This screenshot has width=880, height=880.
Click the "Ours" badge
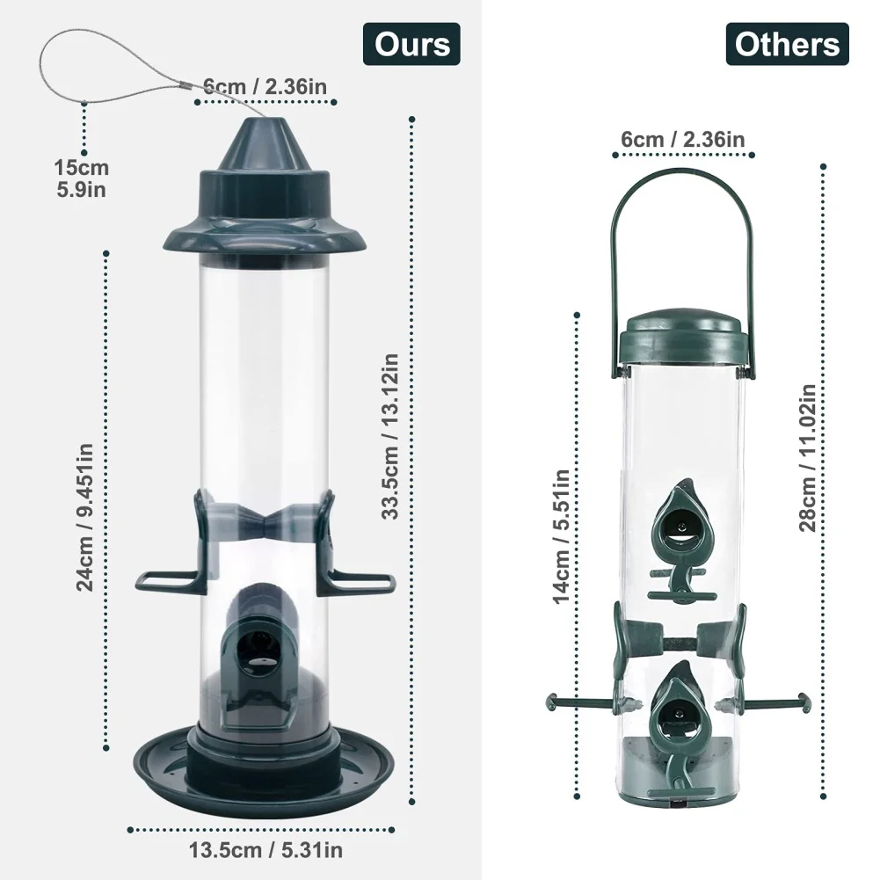411,44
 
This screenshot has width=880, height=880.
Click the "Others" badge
787,44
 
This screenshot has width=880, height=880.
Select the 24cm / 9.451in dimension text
84,517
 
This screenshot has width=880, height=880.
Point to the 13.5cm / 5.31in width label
265,850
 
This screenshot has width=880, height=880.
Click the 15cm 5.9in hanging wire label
82,178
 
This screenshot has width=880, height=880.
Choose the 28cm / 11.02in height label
807,458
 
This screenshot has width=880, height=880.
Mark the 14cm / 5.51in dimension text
561,536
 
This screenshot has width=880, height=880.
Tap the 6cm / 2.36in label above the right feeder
683,139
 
